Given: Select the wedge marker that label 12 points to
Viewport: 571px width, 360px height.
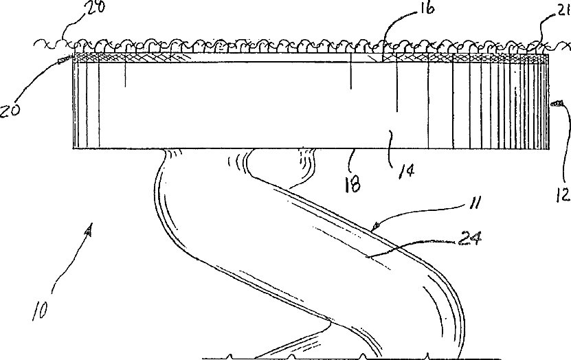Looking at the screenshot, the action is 557,104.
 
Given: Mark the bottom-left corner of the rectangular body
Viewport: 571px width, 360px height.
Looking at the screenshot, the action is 73,148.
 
